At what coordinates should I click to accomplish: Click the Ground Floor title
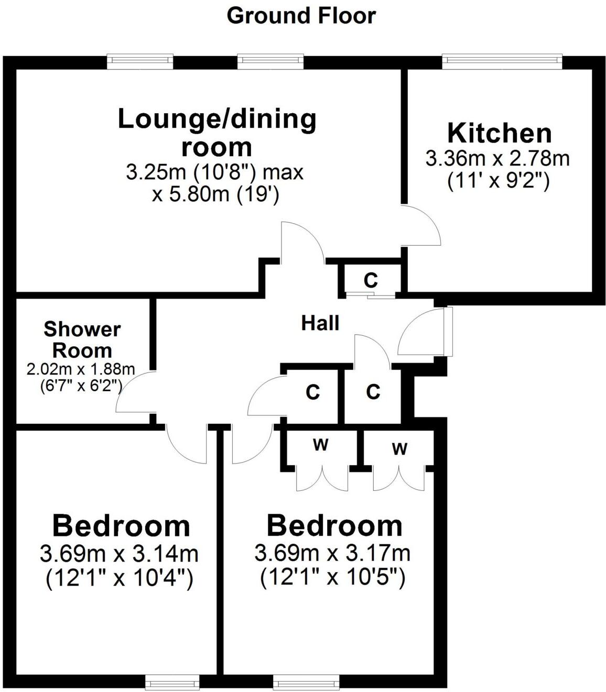(x=301, y=16)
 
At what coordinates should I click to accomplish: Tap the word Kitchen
(x=499, y=134)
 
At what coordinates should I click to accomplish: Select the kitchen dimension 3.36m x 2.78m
(x=497, y=158)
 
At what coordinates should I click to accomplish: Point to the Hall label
(x=320, y=323)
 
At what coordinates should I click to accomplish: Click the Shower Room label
(x=82, y=339)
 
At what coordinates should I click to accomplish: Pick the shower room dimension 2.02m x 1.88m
(x=81, y=369)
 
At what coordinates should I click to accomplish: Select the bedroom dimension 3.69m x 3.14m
(x=119, y=553)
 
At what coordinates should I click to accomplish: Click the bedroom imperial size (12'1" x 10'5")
(x=333, y=578)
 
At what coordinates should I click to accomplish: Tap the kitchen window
(x=502, y=61)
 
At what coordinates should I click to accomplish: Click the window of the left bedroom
(x=172, y=682)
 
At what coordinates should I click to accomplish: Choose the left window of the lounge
(x=140, y=61)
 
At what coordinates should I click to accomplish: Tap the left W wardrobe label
(x=320, y=446)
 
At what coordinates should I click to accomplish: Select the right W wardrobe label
(x=399, y=449)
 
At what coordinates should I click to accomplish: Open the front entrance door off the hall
(x=419, y=333)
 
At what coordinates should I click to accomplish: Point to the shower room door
(x=133, y=393)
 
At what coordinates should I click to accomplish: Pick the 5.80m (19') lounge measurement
(x=215, y=195)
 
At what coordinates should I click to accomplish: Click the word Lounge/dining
(x=217, y=119)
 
